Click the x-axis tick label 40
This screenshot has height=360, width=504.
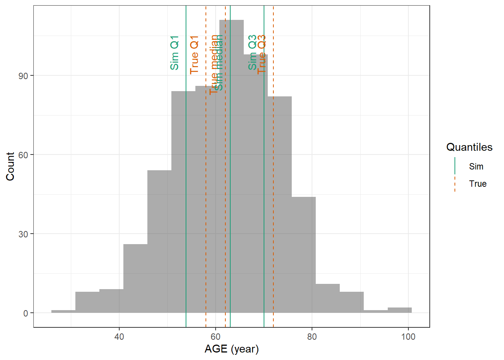(x=119, y=337)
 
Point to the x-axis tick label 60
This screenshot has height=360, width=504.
(x=216, y=337)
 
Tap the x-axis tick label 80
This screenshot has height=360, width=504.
(x=312, y=337)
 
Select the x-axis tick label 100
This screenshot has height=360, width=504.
(x=408, y=337)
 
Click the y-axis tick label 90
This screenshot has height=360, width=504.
(x=23, y=76)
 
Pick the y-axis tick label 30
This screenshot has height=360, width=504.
(x=23, y=234)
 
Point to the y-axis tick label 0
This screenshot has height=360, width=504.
(x=25, y=313)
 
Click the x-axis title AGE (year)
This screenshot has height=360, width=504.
(x=231, y=349)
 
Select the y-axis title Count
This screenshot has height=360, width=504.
(x=10, y=166)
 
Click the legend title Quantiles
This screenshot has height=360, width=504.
(x=469, y=147)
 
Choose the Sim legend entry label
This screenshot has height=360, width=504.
(x=476, y=166)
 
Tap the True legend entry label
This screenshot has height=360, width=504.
(x=477, y=184)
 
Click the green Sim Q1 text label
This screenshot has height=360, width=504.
(x=174, y=53)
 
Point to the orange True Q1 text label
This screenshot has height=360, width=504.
(x=194, y=55)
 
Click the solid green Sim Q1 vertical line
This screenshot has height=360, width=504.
(x=186, y=187)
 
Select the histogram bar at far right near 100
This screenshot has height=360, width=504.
(x=399, y=310)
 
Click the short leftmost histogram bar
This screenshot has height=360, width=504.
(x=63, y=311)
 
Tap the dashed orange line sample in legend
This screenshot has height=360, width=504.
(x=455, y=184)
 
